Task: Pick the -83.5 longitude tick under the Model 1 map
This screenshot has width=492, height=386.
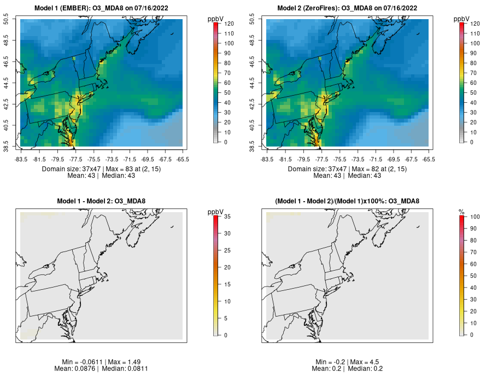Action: click(21, 159)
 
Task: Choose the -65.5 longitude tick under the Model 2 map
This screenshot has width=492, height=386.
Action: click(429, 159)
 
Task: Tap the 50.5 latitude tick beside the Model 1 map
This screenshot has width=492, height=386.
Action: click(13, 20)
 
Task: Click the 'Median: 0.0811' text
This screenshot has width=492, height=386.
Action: click(126, 369)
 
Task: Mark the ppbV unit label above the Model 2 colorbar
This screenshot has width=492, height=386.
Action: click(462, 19)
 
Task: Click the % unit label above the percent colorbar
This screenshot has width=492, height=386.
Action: click(461, 211)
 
